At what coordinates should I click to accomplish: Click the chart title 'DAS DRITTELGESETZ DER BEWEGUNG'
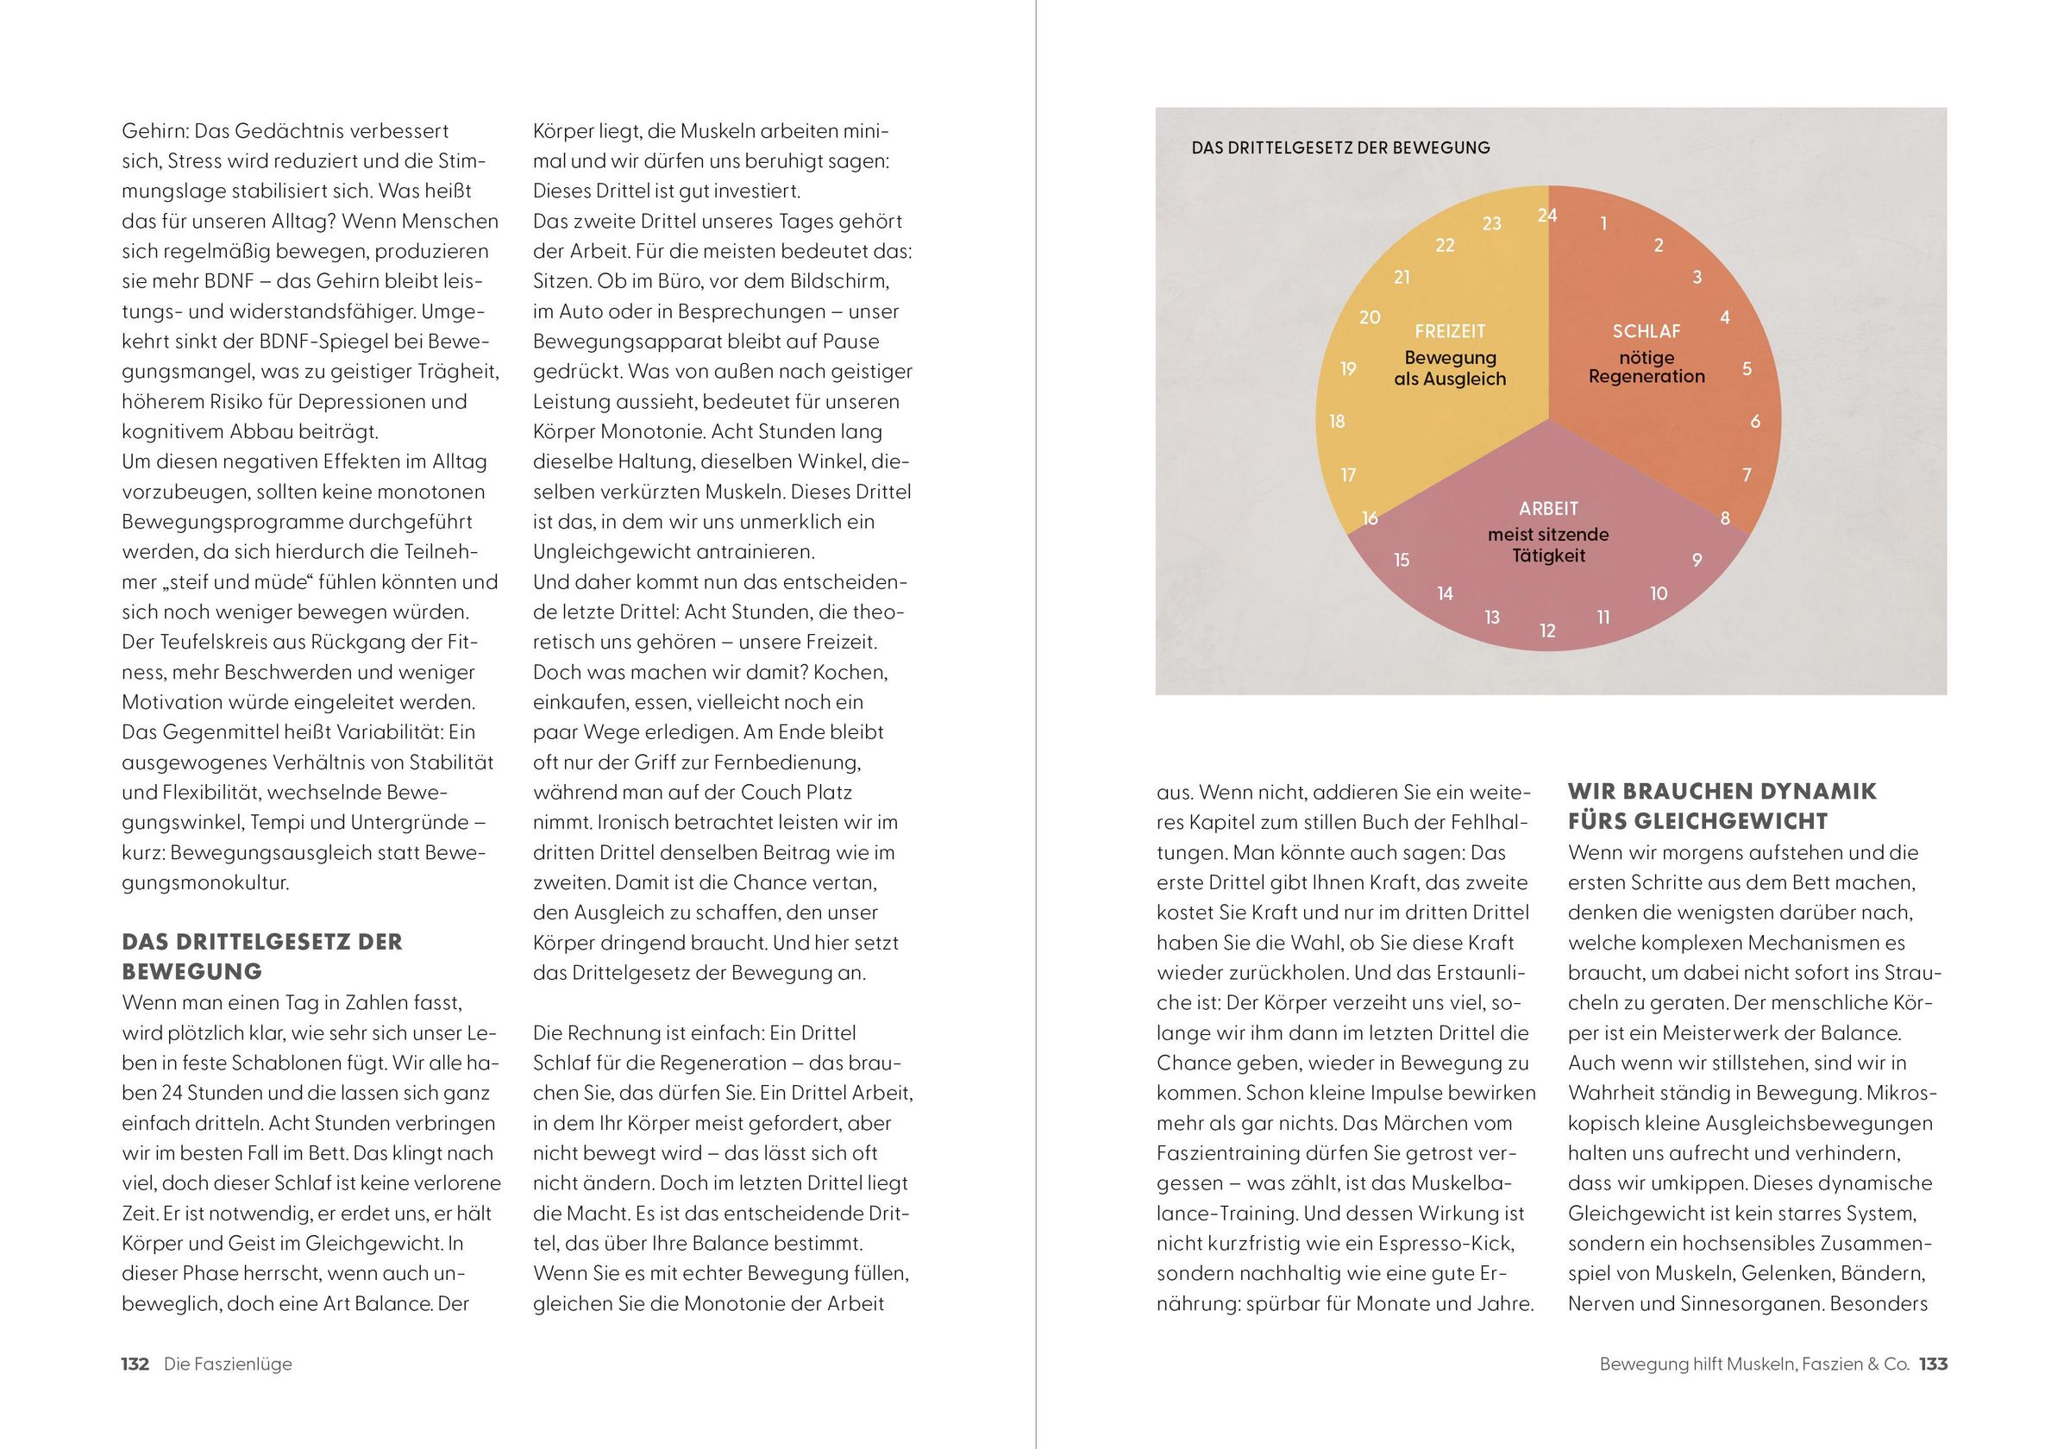click(x=1339, y=147)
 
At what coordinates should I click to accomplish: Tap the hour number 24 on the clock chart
click(x=1547, y=215)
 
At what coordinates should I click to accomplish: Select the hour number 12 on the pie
click(x=1547, y=631)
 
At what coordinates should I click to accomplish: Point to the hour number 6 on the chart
click(x=1754, y=421)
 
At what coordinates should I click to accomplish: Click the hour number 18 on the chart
click(x=1337, y=421)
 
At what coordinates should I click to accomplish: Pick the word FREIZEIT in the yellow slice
click(x=1450, y=331)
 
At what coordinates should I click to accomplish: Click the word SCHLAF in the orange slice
click(x=1647, y=331)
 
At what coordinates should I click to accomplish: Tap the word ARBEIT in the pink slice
click(x=1548, y=509)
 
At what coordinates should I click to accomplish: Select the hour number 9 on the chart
click(x=1697, y=560)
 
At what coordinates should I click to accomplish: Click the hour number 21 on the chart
click(x=1401, y=278)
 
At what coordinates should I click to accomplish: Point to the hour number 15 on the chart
click(x=1401, y=560)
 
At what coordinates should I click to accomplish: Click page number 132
click(x=135, y=1364)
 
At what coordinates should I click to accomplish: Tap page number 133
click(x=1933, y=1364)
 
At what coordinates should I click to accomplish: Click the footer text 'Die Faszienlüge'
click(x=228, y=1364)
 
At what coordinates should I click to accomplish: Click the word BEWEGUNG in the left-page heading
click(x=192, y=972)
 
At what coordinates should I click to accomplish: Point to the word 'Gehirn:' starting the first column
click(x=155, y=132)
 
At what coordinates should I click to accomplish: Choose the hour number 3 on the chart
click(x=1697, y=278)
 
